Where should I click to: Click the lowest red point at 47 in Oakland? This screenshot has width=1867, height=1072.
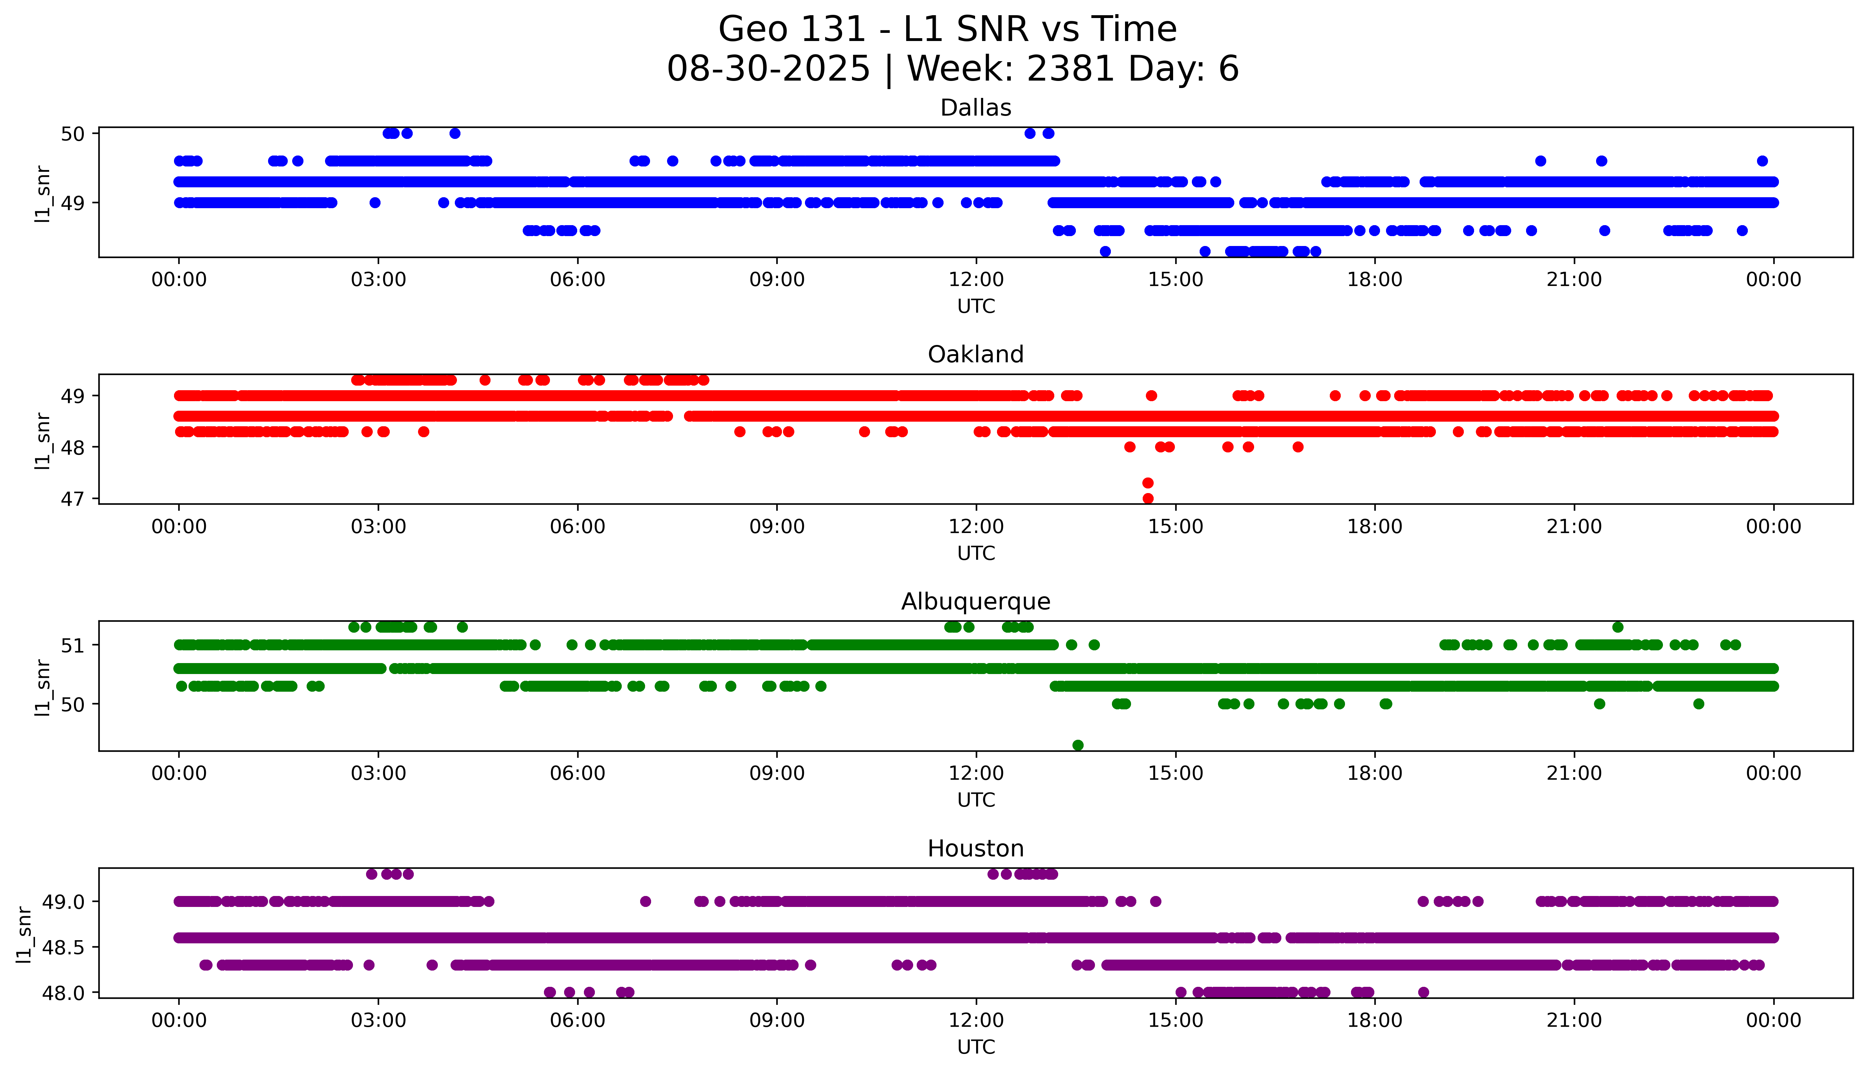tap(1147, 498)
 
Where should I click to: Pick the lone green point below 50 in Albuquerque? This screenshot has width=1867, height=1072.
tap(1078, 745)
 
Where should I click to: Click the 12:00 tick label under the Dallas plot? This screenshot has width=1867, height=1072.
tap(976, 280)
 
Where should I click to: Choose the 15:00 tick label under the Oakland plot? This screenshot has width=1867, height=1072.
tap(1176, 527)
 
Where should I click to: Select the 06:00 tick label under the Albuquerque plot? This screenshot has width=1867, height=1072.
tap(578, 774)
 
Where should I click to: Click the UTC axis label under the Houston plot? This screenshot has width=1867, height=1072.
tap(976, 1047)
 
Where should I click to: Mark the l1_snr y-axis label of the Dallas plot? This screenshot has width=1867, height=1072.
tap(43, 193)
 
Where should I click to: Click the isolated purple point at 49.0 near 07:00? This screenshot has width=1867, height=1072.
tap(645, 901)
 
